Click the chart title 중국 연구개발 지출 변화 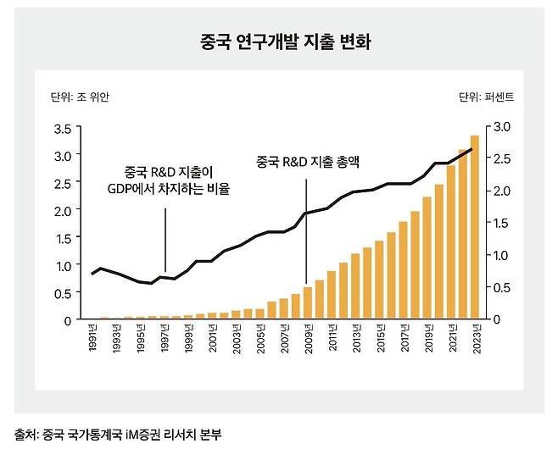click(x=278, y=40)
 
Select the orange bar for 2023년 click(x=474, y=227)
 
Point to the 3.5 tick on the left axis click(x=61, y=129)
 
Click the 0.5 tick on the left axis click(x=61, y=293)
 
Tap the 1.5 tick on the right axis click(x=500, y=223)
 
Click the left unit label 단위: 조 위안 click(x=81, y=95)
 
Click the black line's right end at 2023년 click(x=473, y=150)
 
